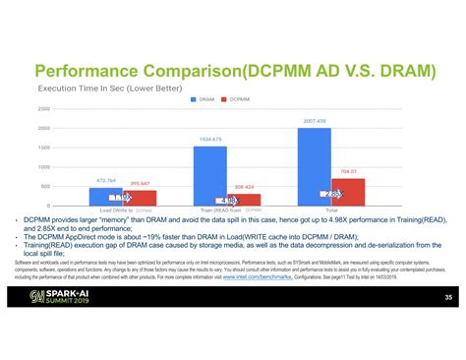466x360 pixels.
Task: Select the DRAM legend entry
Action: (x=204, y=99)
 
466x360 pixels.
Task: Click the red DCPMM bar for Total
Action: (x=348, y=191)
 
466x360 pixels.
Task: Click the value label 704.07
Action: (x=348, y=172)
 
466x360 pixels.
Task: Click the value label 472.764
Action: (x=106, y=181)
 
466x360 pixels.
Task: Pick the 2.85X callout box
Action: (x=330, y=194)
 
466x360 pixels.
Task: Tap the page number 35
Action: (x=447, y=297)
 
